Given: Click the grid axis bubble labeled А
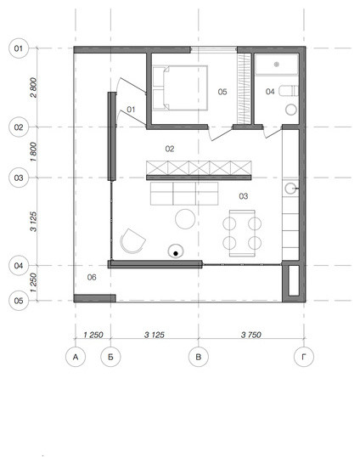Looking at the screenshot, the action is point(76,357).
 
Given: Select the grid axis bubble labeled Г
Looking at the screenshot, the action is point(304,357).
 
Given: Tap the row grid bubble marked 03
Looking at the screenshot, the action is point(19,178).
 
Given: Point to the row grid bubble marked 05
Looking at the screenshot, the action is point(19,301).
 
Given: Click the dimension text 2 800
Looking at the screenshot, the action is point(34,87).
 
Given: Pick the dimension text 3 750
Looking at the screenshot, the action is point(251,335).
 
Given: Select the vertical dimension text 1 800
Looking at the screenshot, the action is point(34,152).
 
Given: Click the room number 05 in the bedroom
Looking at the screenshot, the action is point(222,92).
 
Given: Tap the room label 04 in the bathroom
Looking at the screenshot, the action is point(270,92).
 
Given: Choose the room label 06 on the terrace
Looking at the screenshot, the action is point(92,277).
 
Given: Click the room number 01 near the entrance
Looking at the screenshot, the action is point(131,110).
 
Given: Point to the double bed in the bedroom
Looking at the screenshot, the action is point(180,88).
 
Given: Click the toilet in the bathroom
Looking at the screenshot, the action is point(289,91).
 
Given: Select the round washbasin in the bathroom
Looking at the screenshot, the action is point(291,110).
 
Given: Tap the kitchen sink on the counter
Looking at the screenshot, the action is point(290,189).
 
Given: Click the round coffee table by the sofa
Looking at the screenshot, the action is point(185,219).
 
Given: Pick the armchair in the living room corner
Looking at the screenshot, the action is point(132,241).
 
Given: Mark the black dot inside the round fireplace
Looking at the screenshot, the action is point(176,254).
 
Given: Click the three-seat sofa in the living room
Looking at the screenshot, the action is point(184,194).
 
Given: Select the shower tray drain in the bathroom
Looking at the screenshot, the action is point(277,64).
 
